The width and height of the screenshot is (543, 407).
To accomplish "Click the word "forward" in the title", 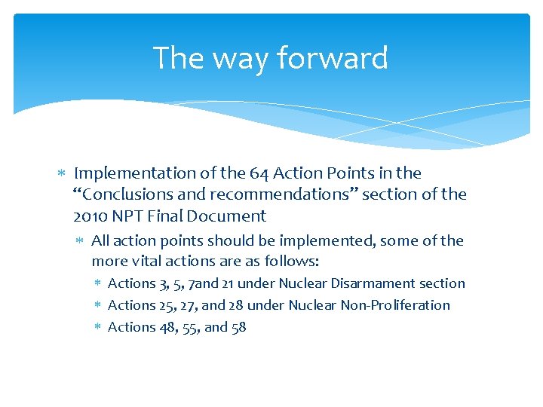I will pyautogui.click(x=332, y=58).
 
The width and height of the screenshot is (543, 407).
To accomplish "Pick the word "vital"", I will pyautogui.click(x=150, y=262).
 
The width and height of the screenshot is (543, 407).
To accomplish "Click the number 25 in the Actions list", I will pyautogui.click(x=166, y=305).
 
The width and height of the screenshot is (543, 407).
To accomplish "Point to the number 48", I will pyautogui.click(x=166, y=327).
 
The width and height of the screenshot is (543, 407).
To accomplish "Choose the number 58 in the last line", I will pyautogui.click(x=238, y=327).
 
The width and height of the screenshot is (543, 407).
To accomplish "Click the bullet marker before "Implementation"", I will pyautogui.click(x=63, y=173).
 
